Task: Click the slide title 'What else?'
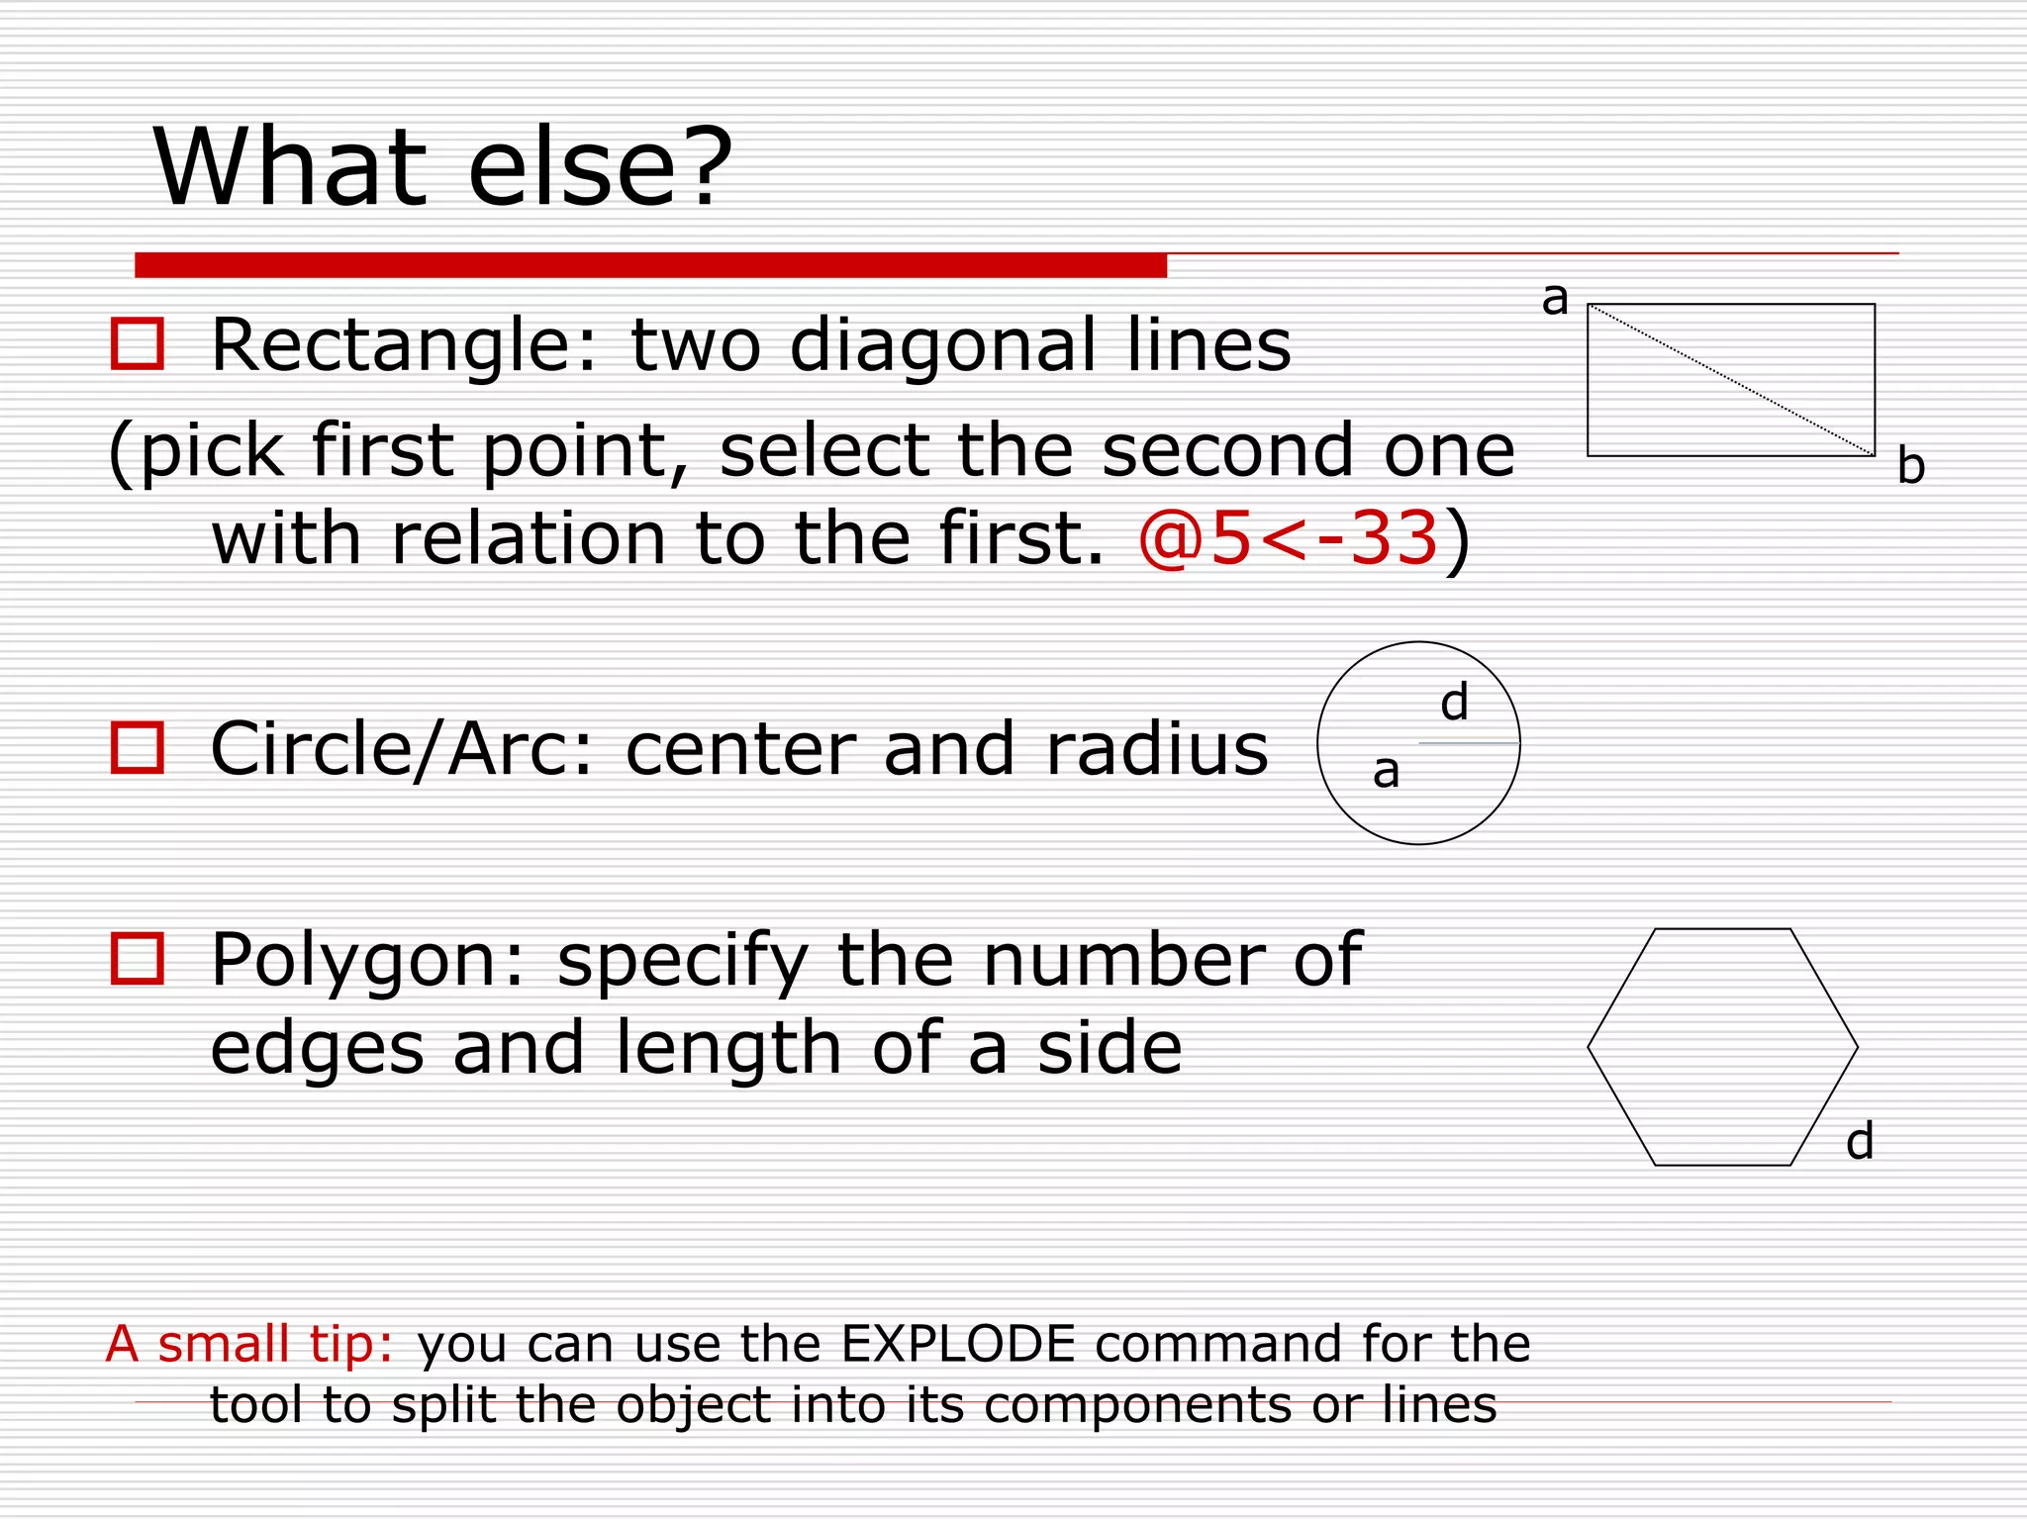(442, 168)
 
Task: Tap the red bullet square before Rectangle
(137, 344)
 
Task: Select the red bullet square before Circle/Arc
(137, 747)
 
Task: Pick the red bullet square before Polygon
(137, 958)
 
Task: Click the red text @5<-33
(1288, 539)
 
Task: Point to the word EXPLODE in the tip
(957, 1344)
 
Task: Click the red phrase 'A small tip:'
(249, 1344)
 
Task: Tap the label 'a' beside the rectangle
(1555, 298)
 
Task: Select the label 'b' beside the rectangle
(1910, 466)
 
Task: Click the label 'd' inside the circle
(1454, 703)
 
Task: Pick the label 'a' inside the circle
(1386, 771)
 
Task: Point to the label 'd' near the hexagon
(1860, 1141)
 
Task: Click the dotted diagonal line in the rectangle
(1731, 380)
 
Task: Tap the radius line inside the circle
(1469, 743)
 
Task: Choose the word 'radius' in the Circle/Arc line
(1157, 749)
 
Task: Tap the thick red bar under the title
(650, 265)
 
